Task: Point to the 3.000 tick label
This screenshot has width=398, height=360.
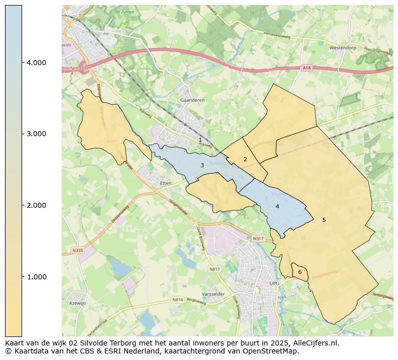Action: pyautogui.click(x=36, y=134)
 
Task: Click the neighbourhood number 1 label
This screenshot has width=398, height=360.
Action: pyautogui.click(x=200, y=140)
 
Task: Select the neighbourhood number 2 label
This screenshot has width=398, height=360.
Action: pyautogui.click(x=245, y=159)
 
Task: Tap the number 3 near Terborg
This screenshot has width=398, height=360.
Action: pyautogui.click(x=202, y=165)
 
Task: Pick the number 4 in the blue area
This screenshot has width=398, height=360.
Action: pyautogui.click(x=277, y=206)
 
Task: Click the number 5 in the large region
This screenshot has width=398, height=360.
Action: pyautogui.click(x=324, y=220)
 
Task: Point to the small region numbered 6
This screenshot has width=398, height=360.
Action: pyautogui.click(x=300, y=272)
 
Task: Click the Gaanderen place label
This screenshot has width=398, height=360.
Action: pyautogui.click(x=192, y=100)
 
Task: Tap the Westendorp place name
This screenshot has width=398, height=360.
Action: pyautogui.click(x=343, y=48)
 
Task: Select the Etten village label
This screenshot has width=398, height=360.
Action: pyautogui.click(x=165, y=183)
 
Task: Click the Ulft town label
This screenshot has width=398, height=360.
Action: pyautogui.click(x=273, y=283)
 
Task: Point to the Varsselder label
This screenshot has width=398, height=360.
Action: pyautogui.click(x=213, y=294)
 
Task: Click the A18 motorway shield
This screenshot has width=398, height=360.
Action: pyautogui.click(x=307, y=68)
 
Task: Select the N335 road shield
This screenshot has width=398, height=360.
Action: pyautogui.click(x=78, y=250)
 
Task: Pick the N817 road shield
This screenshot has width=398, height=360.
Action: pyautogui.click(x=215, y=269)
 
